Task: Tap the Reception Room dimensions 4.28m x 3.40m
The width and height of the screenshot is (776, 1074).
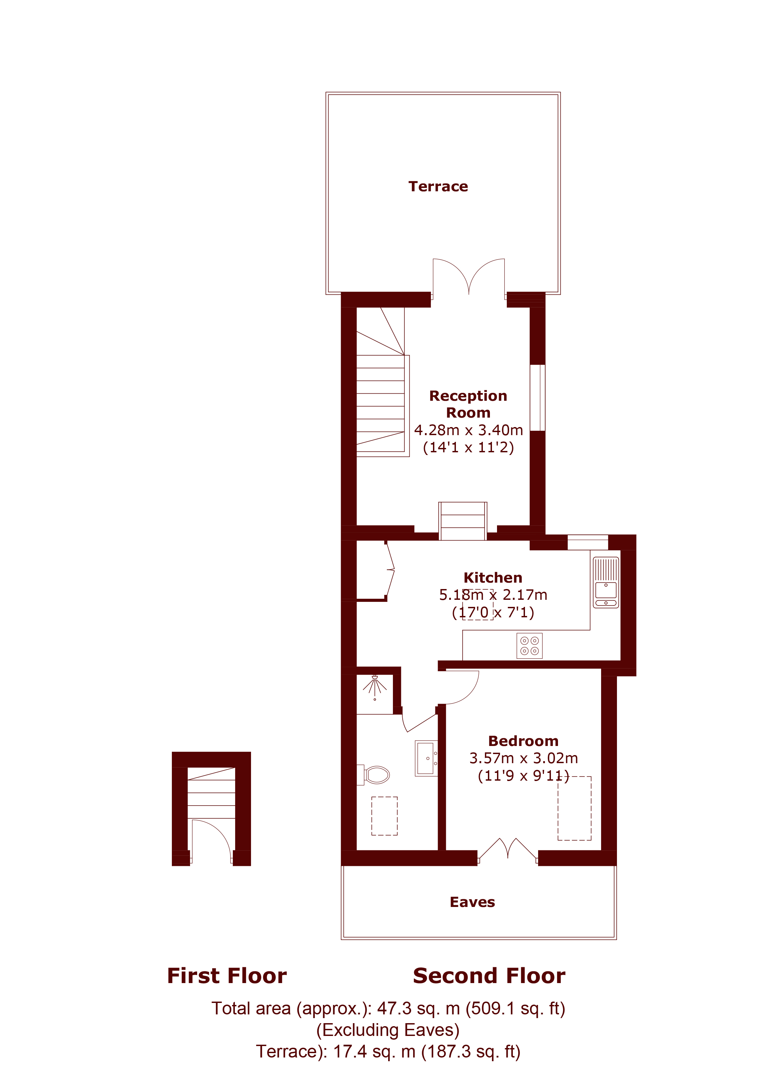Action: coord(469,430)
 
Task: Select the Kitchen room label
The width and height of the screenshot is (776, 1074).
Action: coord(493,578)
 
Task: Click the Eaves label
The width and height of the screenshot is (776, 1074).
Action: coord(472,902)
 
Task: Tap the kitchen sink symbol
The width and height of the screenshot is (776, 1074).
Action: coord(606,582)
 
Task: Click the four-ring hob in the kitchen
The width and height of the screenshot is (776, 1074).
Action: coord(529,646)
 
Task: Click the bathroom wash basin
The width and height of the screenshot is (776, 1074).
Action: coord(426,758)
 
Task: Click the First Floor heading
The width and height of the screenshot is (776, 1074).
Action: coord(227,976)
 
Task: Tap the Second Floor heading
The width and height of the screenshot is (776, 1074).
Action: coord(489,976)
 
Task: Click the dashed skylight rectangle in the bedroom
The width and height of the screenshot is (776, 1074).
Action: coord(575,808)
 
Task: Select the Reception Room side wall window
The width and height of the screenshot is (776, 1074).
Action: coord(537,398)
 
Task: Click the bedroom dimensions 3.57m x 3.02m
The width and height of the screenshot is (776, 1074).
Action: coord(524,758)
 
